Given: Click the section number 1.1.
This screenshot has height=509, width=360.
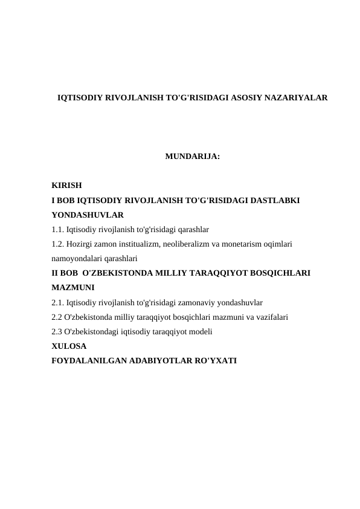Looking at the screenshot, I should [x=58, y=229].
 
